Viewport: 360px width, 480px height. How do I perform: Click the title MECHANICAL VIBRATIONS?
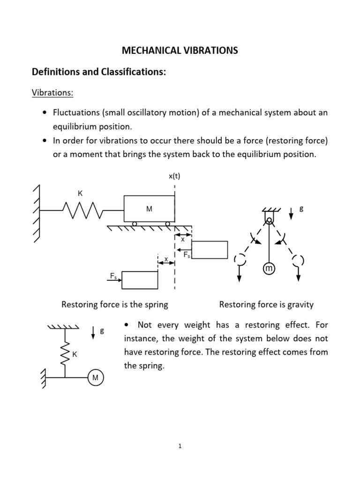(x=180, y=51)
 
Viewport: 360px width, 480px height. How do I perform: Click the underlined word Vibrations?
(x=52, y=92)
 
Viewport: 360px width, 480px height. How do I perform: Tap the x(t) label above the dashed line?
(x=174, y=176)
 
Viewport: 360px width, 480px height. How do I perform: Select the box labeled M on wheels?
(x=149, y=209)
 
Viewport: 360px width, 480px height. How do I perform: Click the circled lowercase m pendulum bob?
(x=269, y=269)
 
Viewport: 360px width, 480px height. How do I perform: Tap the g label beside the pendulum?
(x=301, y=209)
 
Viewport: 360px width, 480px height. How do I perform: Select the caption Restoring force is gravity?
(x=266, y=305)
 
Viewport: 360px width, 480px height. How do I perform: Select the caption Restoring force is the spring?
(x=115, y=305)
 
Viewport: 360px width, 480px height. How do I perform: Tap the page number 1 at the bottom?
(x=180, y=447)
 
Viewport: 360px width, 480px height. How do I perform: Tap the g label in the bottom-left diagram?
(x=102, y=331)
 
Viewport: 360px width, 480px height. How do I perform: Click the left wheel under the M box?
(x=135, y=224)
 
